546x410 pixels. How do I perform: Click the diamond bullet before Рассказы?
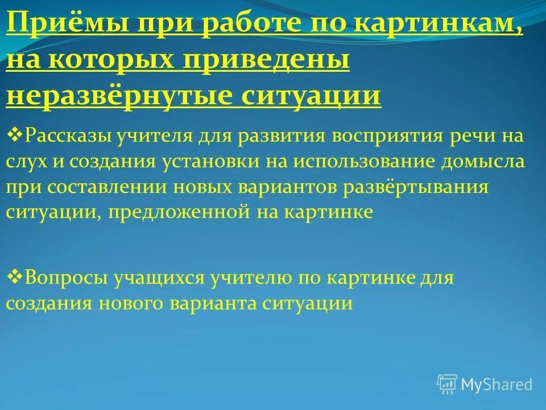click(x=14, y=136)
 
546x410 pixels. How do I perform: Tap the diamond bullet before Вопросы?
click(x=14, y=277)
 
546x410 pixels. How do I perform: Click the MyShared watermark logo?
click(x=484, y=384)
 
